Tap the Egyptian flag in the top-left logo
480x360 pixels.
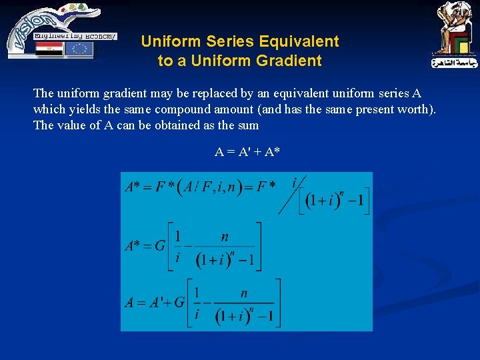click(x=49, y=49)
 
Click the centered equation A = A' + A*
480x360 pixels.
click(x=247, y=152)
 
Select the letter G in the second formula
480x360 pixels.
click(x=160, y=245)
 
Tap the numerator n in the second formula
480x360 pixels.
click(x=225, y=237)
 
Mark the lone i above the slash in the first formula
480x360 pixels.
click(x=294, y=181)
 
